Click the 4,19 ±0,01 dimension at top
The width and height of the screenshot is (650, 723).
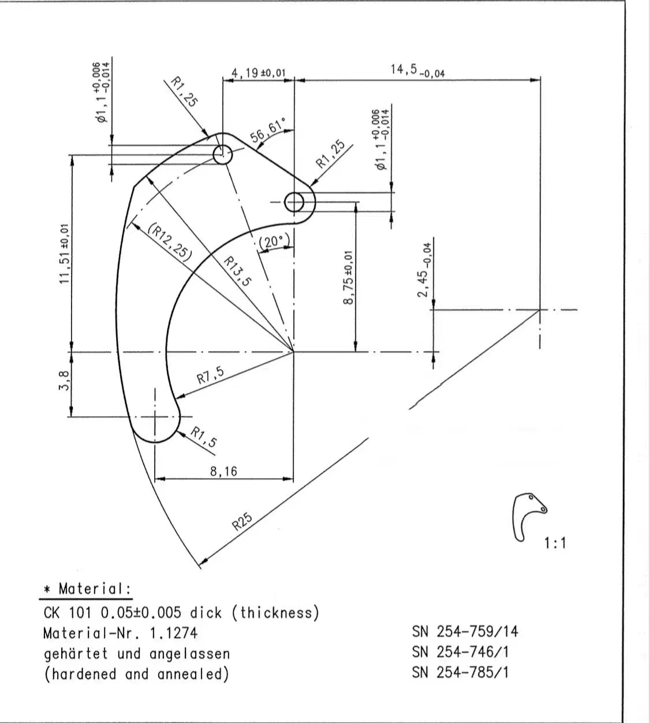259,73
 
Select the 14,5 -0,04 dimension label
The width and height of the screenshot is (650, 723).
417,70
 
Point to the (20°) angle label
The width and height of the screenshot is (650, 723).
274,242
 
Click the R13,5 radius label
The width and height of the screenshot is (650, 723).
237,271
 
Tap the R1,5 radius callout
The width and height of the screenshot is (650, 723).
204,438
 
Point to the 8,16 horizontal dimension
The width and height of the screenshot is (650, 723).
223,471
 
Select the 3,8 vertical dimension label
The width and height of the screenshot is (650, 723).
65,381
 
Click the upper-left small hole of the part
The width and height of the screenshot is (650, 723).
222,155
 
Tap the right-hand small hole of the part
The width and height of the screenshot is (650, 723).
295,202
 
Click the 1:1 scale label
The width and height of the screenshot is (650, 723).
555,543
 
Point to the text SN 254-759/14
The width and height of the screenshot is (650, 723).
465,631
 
